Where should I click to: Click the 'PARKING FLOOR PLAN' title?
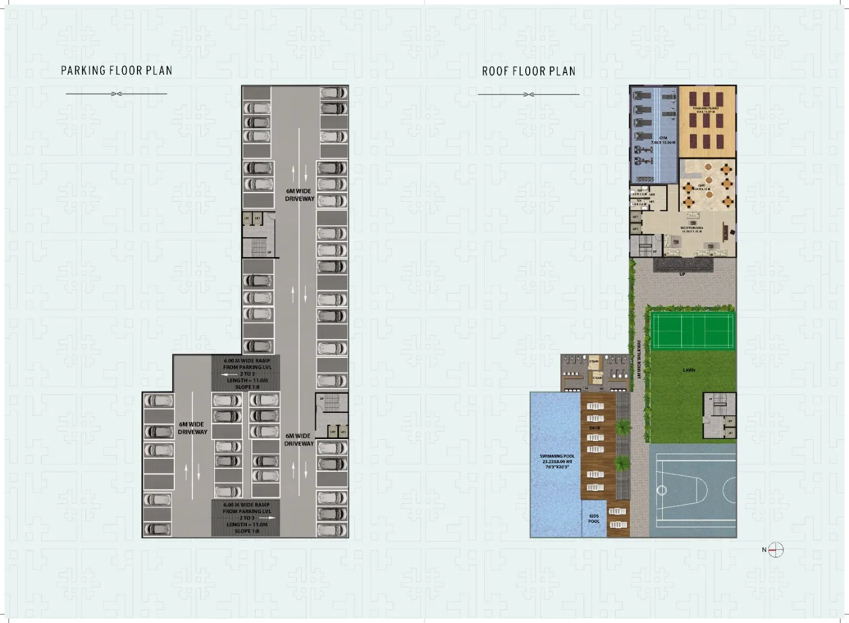[x=117, y=71]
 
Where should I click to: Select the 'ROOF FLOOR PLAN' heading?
[x=529, y=71]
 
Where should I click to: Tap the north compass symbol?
[x=775, y=549]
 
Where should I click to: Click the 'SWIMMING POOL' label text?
[x=557, y=461]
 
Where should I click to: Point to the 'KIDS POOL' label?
[x=594, y=519]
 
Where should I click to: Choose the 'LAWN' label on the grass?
[x=689, y=370]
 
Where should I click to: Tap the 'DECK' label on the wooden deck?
[x=595, y=428]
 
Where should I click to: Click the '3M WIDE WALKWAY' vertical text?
[x=639, y=359]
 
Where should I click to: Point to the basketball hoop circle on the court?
[x=661, y=490]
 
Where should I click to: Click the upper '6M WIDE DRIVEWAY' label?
[x=299, y=195]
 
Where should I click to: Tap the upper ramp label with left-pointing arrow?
[x=247, y=373]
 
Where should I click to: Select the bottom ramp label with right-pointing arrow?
[x=246, y=518]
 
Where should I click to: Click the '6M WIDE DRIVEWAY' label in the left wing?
[x=192, y=428]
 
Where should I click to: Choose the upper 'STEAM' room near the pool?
[x=594, y=361]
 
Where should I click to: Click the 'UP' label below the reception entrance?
[x=682, y=274]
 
